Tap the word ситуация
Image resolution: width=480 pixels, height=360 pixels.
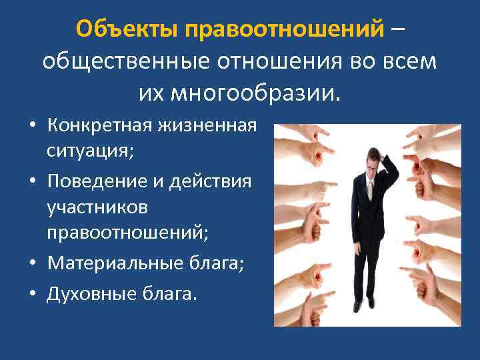tap(89, 151)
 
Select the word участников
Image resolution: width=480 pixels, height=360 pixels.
tap(97, 209)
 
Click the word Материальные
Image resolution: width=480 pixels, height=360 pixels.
tap(109, 265)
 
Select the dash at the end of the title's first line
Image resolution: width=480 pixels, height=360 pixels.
tap(397, 31)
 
